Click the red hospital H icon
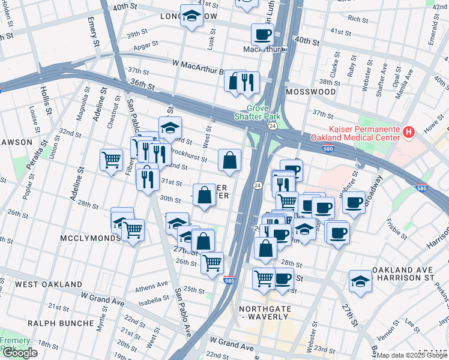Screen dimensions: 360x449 409,131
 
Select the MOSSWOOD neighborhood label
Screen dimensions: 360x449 310,92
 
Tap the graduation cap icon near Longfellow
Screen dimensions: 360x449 191,19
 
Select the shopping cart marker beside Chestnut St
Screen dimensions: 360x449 111,160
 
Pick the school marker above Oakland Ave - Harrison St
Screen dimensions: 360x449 360,281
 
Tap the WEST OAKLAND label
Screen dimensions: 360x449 49,284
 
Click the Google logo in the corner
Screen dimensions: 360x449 19,353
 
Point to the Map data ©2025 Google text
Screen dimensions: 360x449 412,355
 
